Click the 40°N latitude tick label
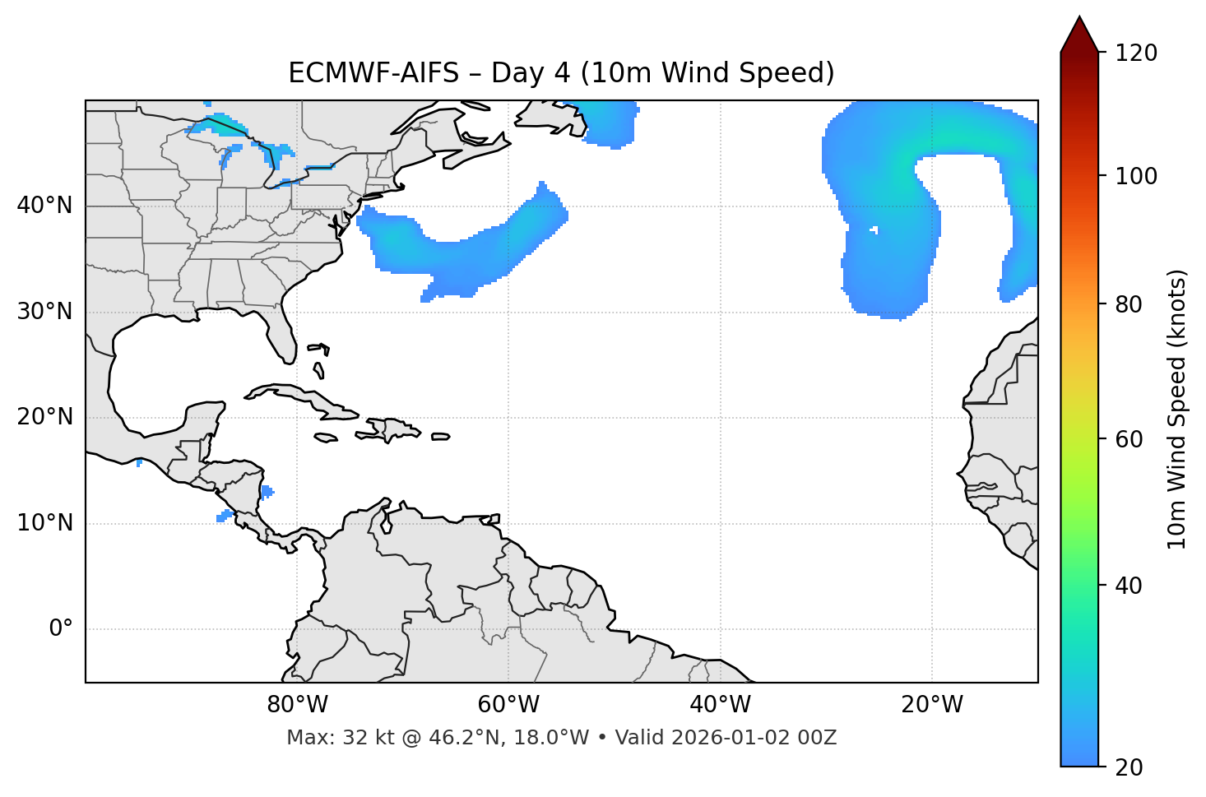click(x=44, y=206)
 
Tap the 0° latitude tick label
click(x=61, y=629)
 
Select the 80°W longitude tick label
click(x=297, y=705)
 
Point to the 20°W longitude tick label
click(x=932, y=705)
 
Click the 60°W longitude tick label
click(x=508, y=705)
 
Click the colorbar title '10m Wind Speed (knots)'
click(x=1177, y=409)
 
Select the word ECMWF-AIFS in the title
click(x=373, y=73)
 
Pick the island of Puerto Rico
click(x=441, y=437)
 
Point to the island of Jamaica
click(x=326, y=438)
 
